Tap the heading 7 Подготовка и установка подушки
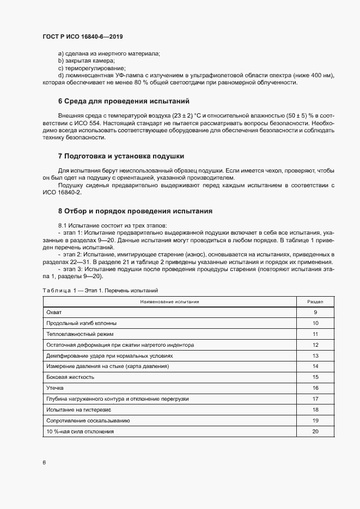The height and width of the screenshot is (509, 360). (x=121, y=156)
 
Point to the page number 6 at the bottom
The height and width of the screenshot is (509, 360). (x=44, y=462)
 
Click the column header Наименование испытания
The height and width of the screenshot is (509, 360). (x=169, y=301)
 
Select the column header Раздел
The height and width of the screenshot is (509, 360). (x=315, y=301)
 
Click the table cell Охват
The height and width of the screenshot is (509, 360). (x=54, y=312)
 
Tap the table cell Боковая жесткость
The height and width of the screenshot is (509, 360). (x=71, y=377)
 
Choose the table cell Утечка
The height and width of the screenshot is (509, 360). (x=56, y=388)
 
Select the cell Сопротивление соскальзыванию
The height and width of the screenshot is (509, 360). (x=88, y=420)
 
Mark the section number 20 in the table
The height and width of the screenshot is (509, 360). (x=315, y=431)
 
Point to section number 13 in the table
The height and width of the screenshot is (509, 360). (x=315, y=355)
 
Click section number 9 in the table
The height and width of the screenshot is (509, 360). (x=315, y=312)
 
